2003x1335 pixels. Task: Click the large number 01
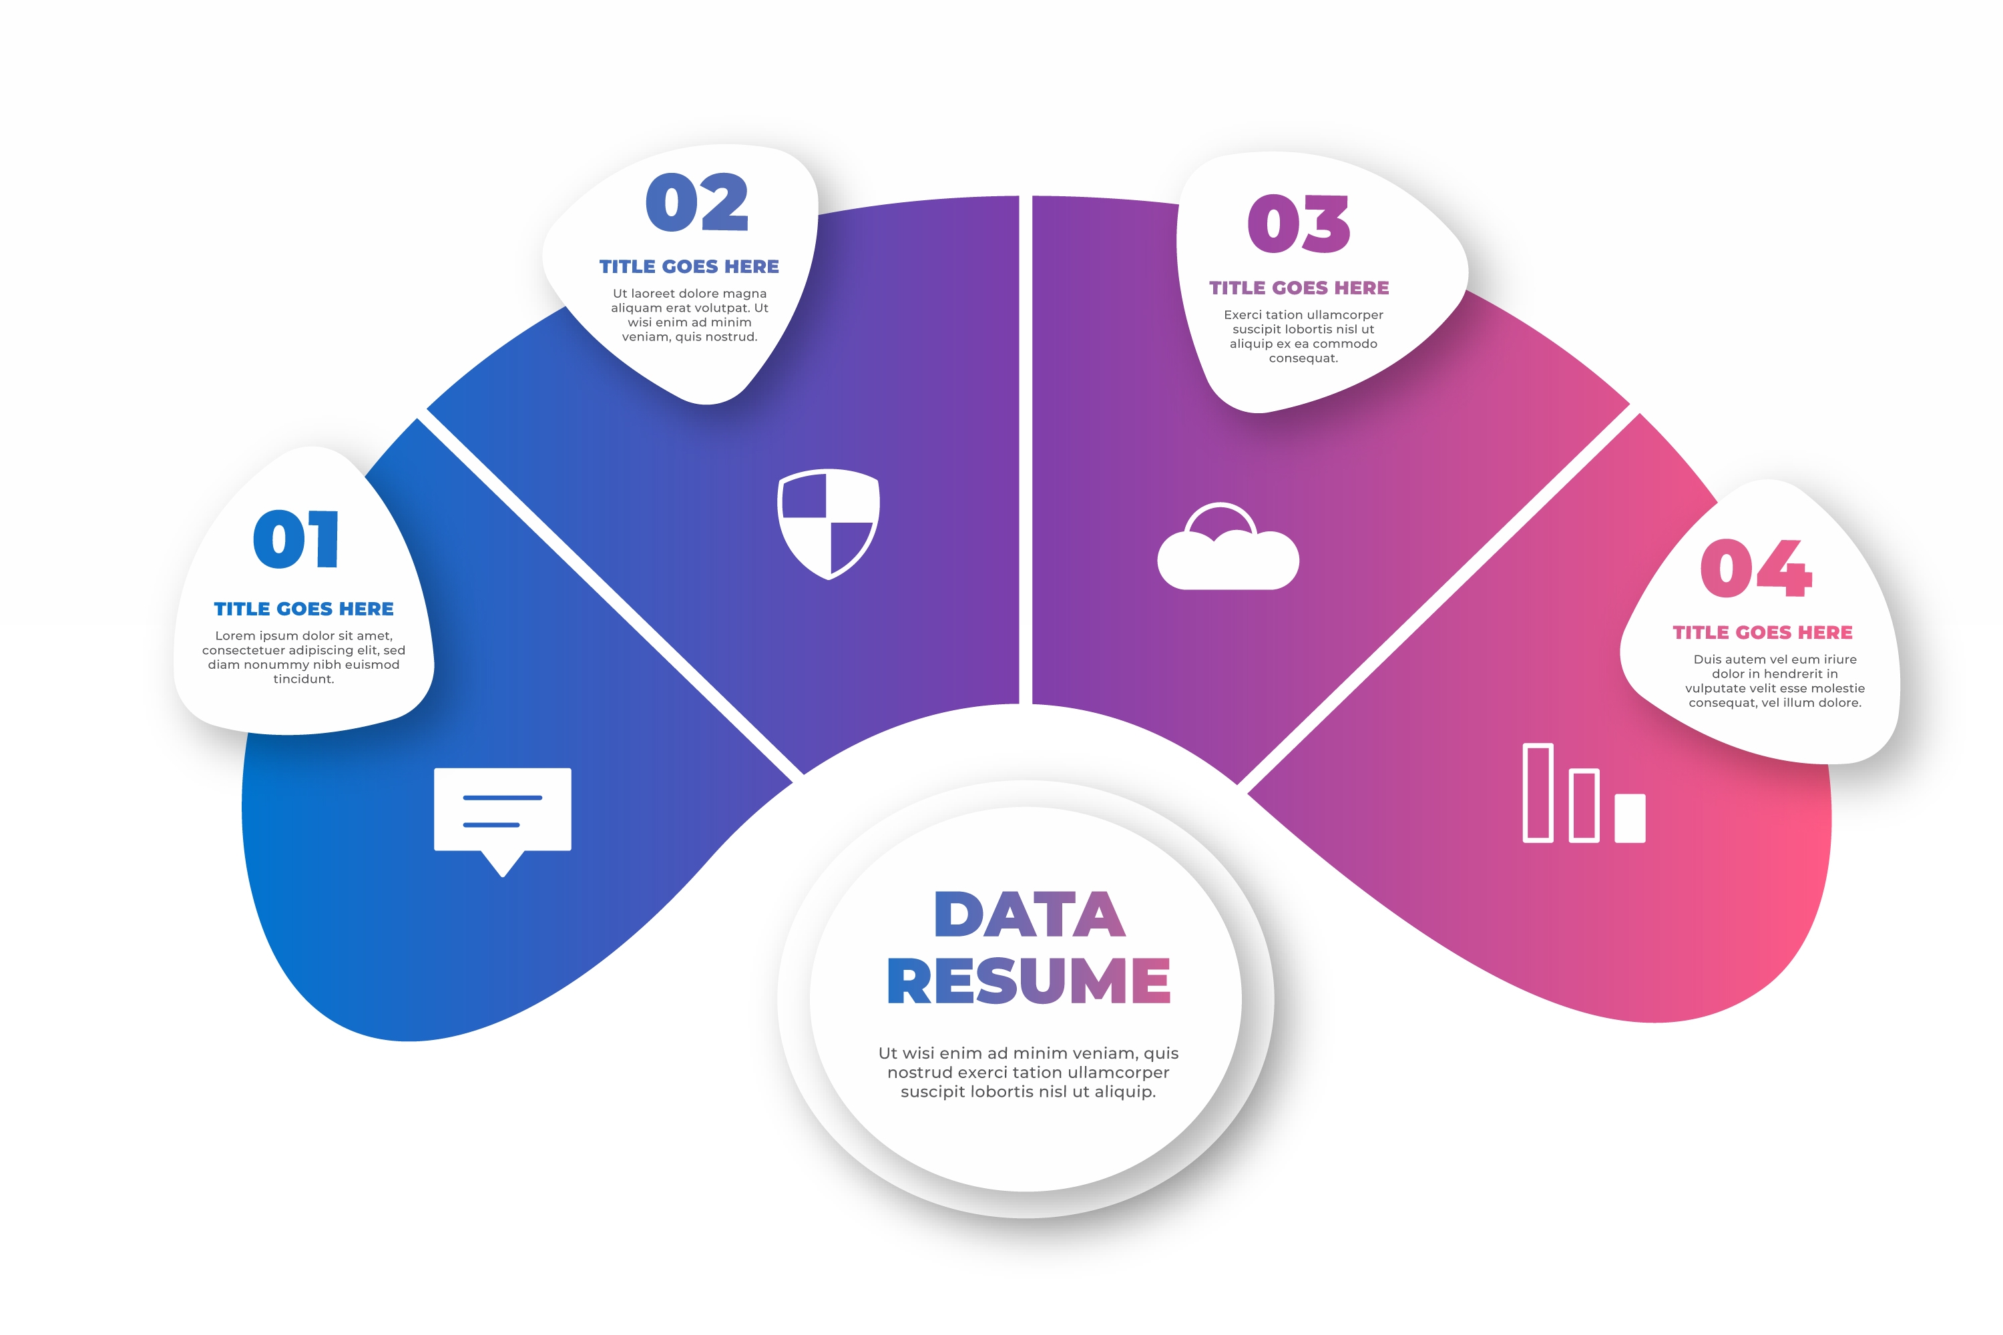296,539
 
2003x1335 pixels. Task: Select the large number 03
1299,223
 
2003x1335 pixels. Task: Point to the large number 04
1756,568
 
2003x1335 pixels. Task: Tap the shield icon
829,523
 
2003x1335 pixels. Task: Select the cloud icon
1228,546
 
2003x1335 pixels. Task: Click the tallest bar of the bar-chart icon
1538,793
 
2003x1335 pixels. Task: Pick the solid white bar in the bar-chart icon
1630,818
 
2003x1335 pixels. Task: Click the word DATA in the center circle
1030,914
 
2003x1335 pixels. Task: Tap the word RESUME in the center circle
1029,980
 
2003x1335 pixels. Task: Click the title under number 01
304,609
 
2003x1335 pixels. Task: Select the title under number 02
689,266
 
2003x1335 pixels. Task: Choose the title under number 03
1299,288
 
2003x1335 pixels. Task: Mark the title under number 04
1763,633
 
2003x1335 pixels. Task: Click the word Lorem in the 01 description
235,636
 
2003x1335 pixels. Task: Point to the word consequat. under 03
1303,358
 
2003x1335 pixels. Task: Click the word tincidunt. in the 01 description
304,679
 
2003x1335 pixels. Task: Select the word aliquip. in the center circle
1122,1092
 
